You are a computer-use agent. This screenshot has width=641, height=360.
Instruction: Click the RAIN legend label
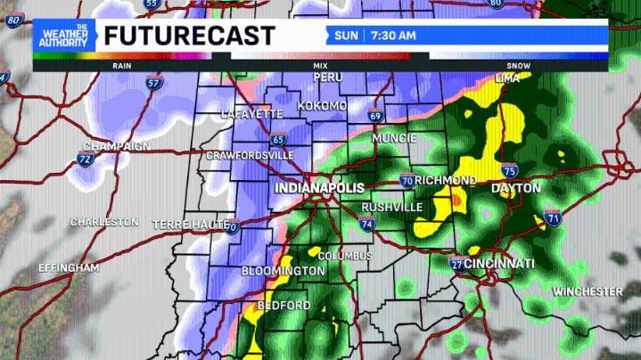pos(123,65)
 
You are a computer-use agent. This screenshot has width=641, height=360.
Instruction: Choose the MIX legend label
pos(320,65)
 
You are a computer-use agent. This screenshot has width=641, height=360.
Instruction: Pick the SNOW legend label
pos(517,65)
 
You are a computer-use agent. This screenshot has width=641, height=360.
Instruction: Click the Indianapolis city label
pos(319,189)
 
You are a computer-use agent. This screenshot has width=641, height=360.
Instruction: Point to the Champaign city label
pos(116,146)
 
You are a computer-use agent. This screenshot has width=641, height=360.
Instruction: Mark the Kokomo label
pos(322,106)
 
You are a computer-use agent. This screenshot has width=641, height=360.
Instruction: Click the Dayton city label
pos(515,189)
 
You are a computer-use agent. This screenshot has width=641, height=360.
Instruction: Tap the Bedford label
pos(284,306)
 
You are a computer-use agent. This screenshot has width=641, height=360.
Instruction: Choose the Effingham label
pos(69,267)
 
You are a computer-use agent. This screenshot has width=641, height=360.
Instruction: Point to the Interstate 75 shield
pos(511,170)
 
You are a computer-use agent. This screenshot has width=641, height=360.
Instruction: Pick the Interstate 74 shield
pos(366,224)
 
